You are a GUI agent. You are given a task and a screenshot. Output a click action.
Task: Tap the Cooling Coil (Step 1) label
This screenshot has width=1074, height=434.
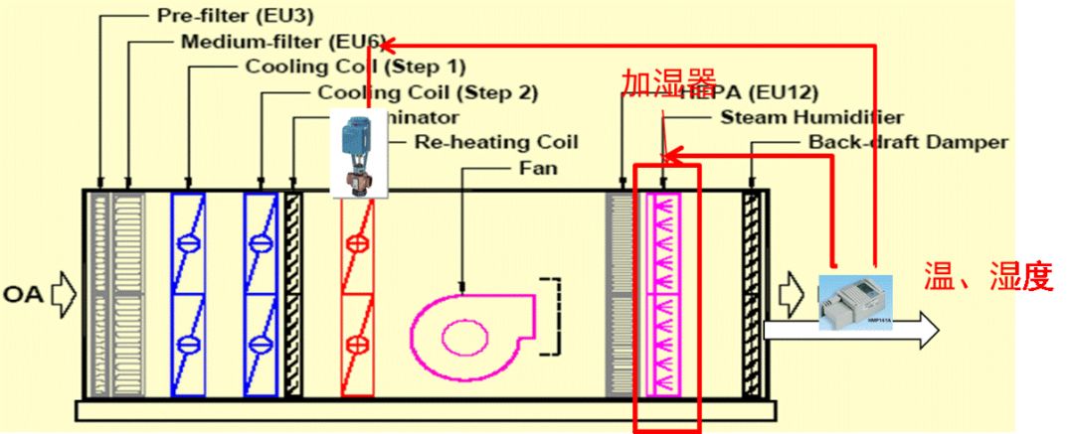355,68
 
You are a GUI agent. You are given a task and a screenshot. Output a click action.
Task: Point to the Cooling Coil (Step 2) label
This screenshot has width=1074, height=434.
428,93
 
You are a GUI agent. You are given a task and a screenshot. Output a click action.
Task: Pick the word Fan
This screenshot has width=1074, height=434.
537,168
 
